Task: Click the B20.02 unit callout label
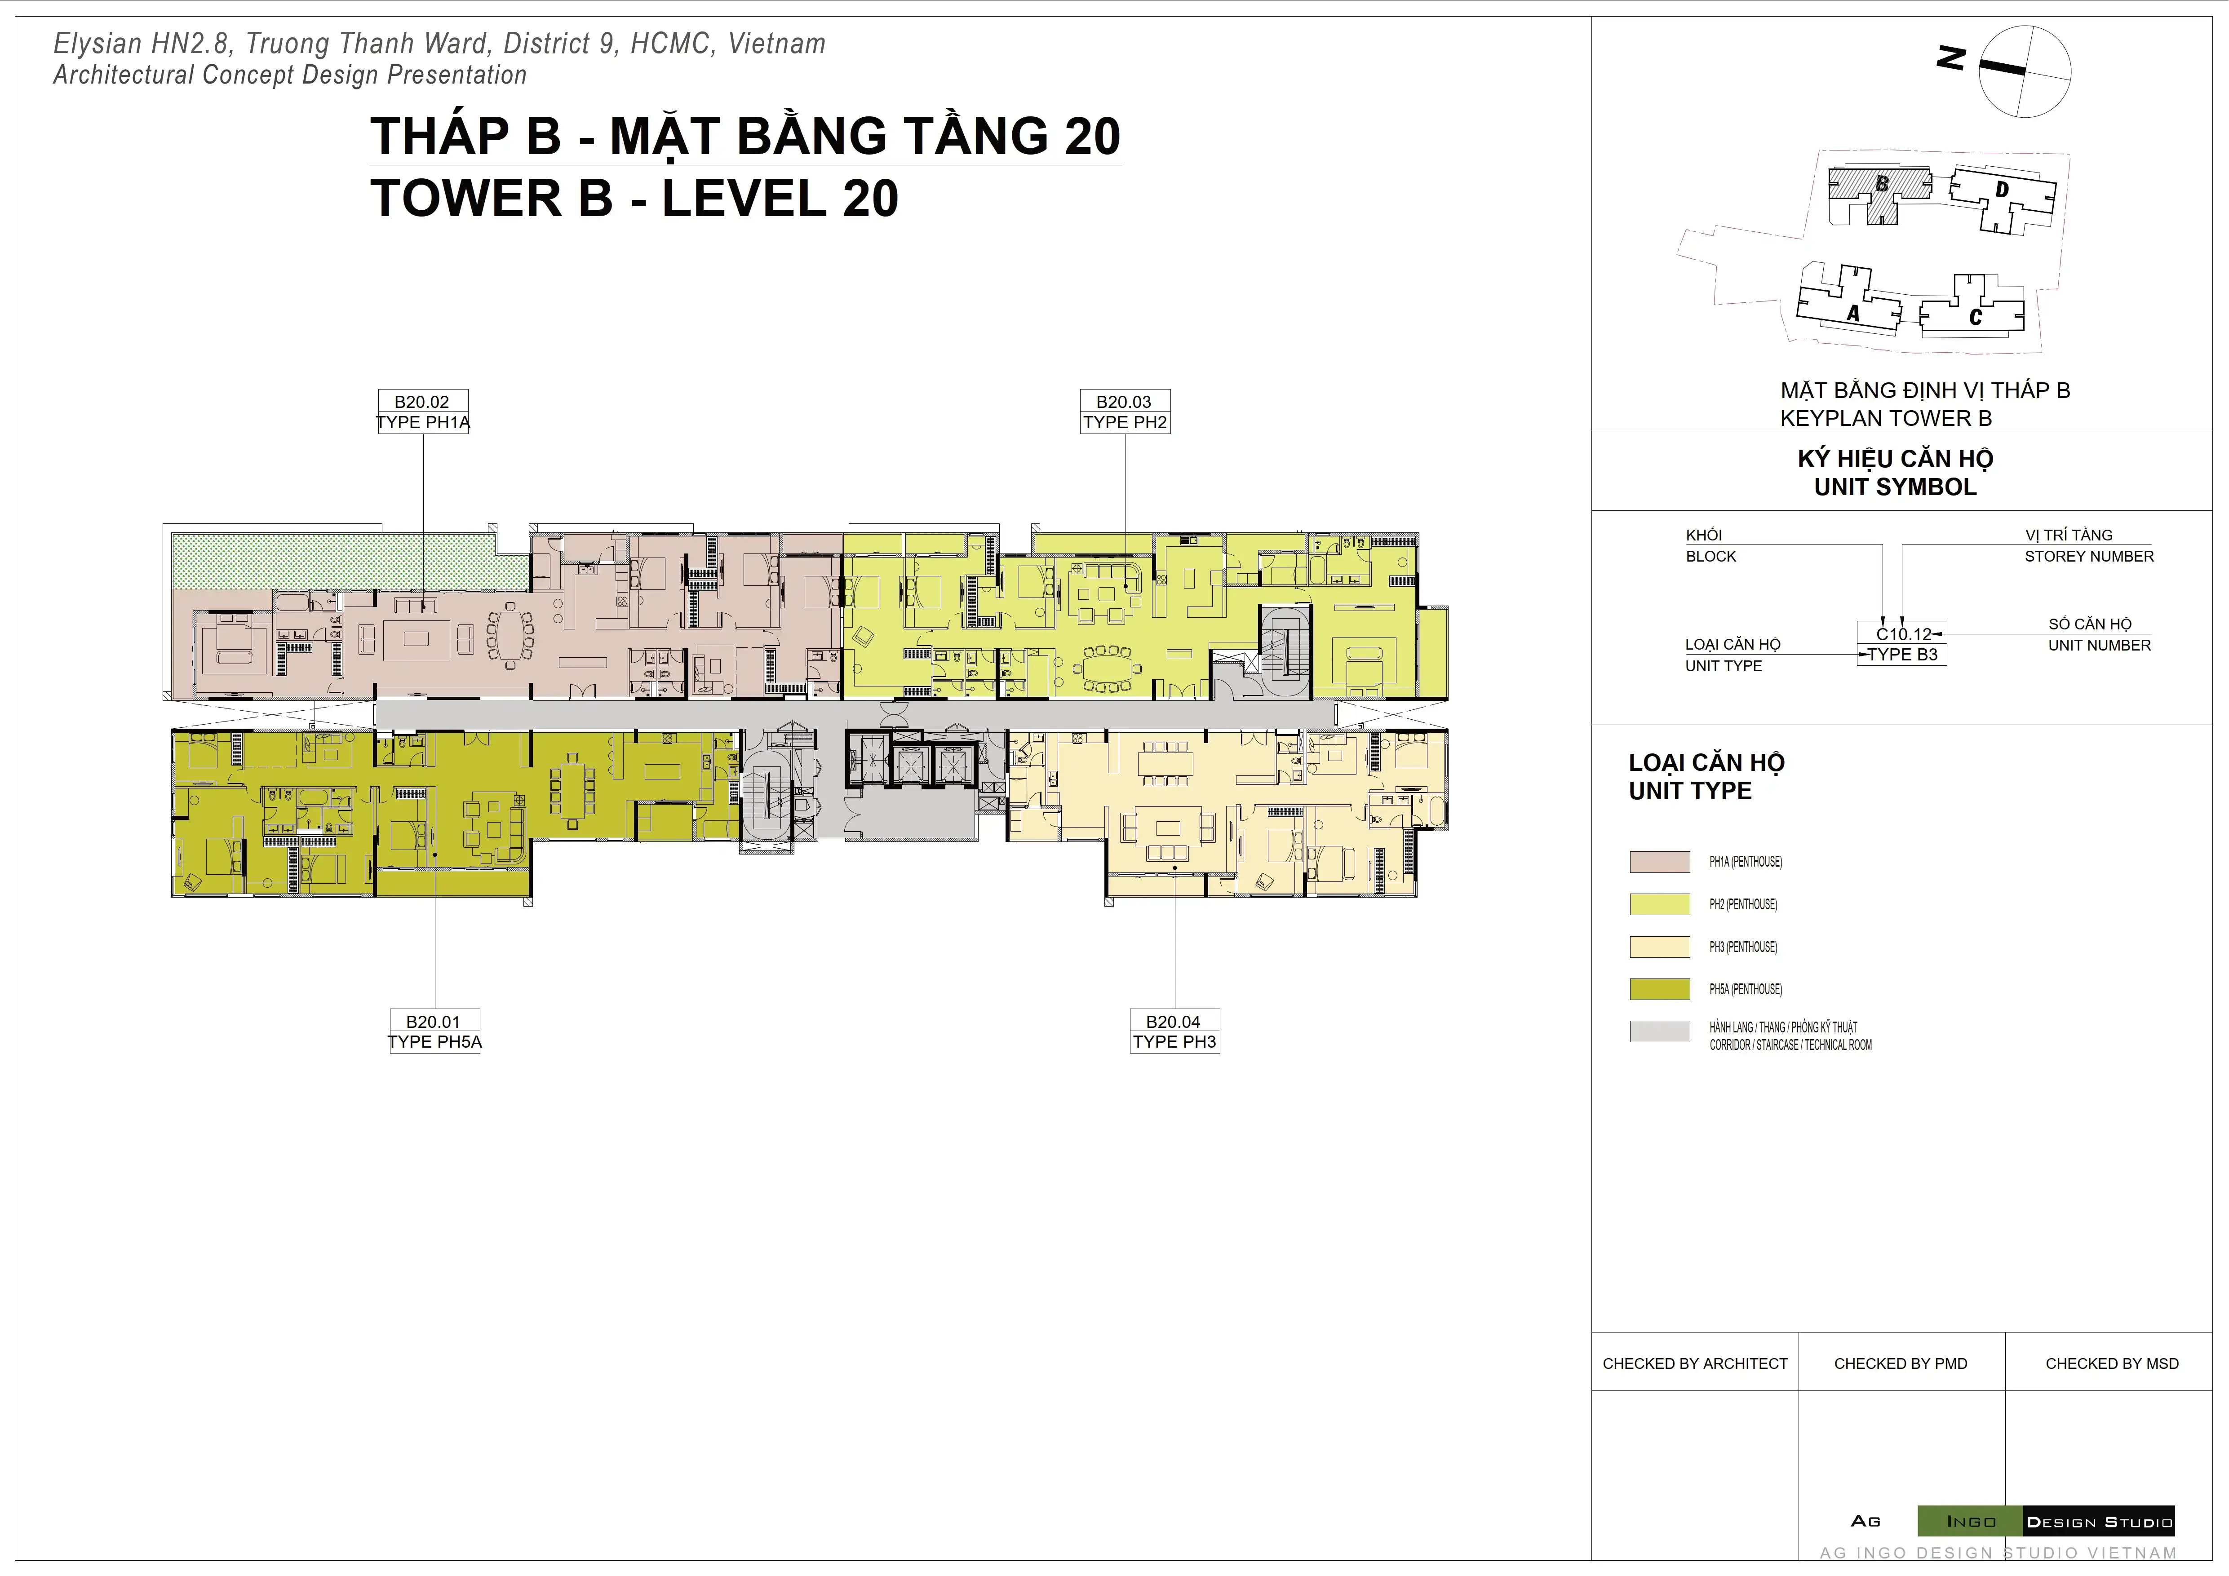click(422, 412)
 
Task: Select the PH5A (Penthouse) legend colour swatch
click(1659, 989)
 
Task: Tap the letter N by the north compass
click(1950, 58)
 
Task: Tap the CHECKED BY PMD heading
click(1900, 1364)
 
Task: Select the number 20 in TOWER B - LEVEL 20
click(870, 199)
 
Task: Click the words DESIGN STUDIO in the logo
click(2099, 1522)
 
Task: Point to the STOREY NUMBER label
click(2088, 556)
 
